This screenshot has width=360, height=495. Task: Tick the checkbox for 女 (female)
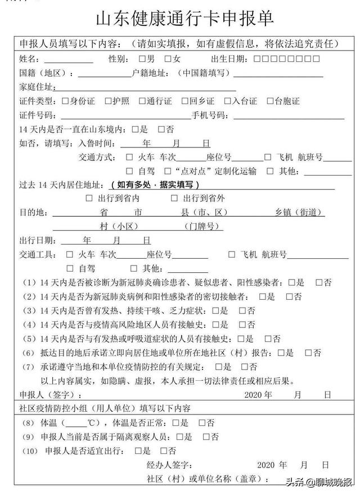pyautogui.click(x=168, y=59)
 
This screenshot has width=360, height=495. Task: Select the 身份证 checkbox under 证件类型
pyautogui.click(x=65, y=101)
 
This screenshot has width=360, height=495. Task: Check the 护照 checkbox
pyautogui.click(x=107, y=101)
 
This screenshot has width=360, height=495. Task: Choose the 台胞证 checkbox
pyautogui.click(x=270, y=101)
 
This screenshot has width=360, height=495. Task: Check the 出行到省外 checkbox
pyautogui.click(x=174, y=198)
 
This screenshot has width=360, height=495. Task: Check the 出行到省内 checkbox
pyautogui.click(x=89, y=198)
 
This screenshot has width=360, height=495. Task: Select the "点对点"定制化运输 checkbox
pyautogui.click(x=168, y=171)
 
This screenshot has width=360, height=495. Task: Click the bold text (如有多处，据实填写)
pyautogui.click(x=155, y=184)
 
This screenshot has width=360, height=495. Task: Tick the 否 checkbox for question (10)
pyautogui.click(x=164, y=451)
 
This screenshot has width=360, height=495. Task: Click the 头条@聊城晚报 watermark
pyautogui.click(x=318, y=482)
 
